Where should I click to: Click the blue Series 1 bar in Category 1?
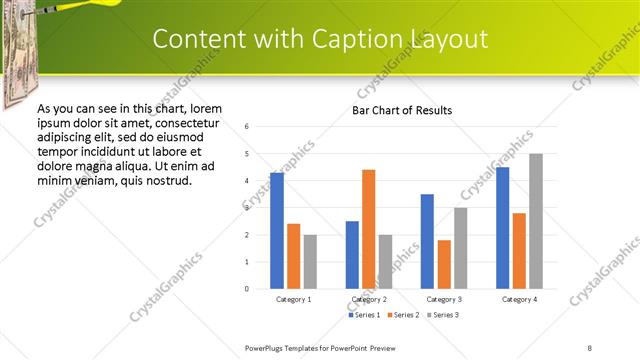[x=277, y=230]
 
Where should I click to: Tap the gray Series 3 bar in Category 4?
[x=536, y=221]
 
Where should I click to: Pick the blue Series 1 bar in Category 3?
[x=427, y=241]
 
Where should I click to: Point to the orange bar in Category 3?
[x=444, y=264]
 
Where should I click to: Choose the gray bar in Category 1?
[x=310, y=261]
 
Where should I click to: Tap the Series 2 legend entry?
[x=404, y=315]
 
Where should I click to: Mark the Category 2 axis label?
[x=369, y=299]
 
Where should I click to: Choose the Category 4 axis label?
[x=520, y=299]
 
